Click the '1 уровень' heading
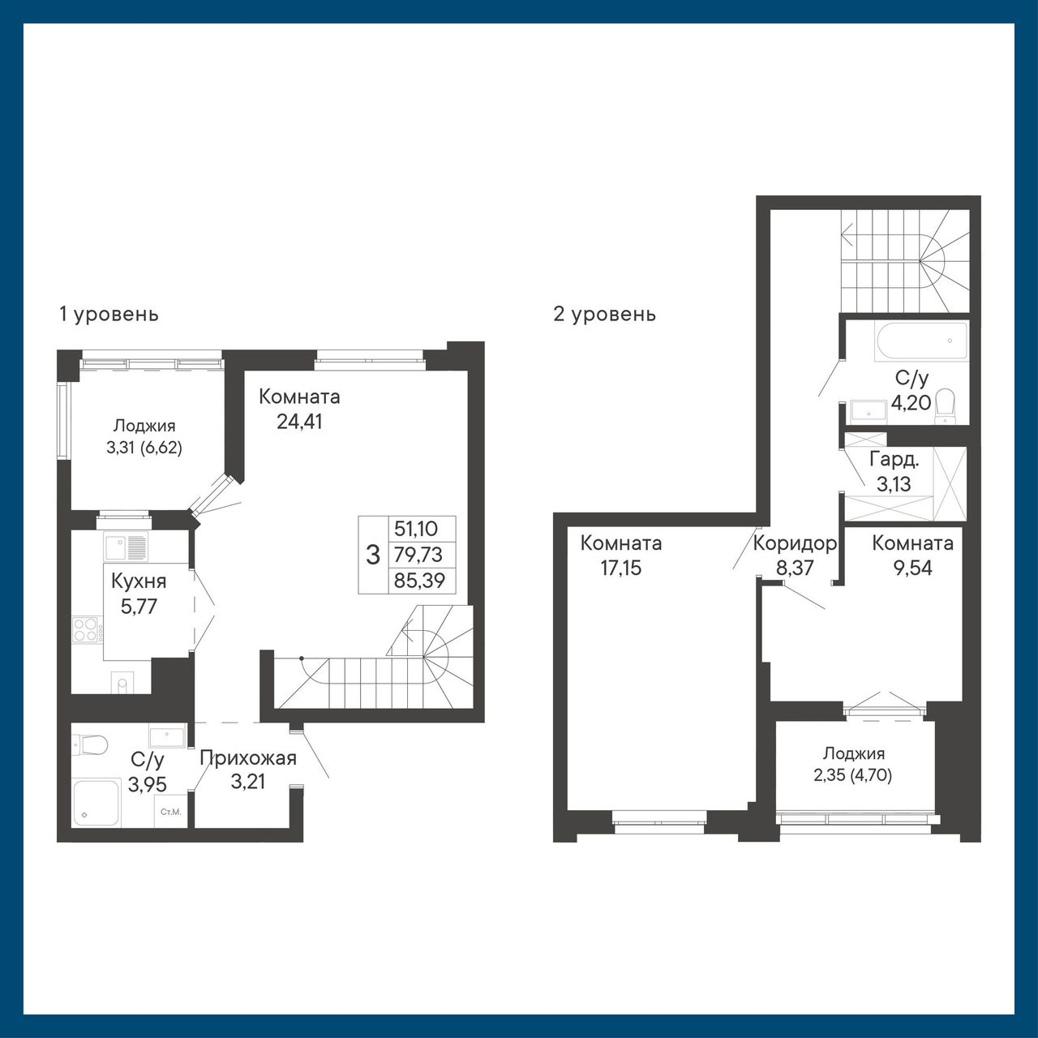[x=109, y=314]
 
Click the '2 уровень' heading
[x=604, y=314]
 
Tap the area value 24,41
[x=299, y=421]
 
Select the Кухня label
[x=139, y=581]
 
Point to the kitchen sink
[x=125, y=548]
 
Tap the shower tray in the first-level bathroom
[x=97, y=803]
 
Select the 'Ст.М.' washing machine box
[x=171, y=811]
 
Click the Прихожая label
[x=248, y=758]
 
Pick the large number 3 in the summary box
[x=373, y=555]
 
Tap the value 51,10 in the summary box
[x=416, y=529]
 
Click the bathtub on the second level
[x=922, y=341]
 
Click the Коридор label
[x=795, y=543]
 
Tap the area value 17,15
[x=620, y=568]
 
